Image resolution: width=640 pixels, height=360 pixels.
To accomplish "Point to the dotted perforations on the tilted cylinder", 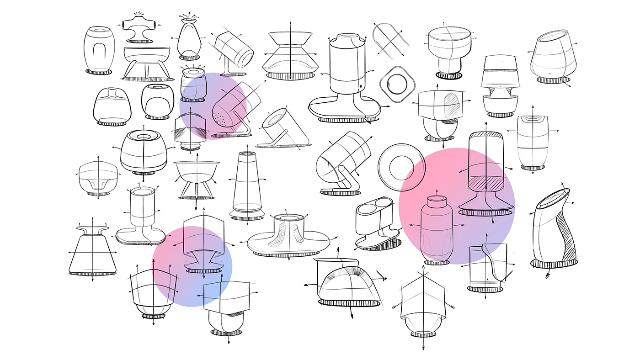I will [x=223, y=120].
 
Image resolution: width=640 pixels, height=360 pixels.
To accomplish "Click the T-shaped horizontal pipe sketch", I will [x=139, y=25].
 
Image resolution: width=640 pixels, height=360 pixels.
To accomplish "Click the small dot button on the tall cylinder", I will [x=360, y=85].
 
